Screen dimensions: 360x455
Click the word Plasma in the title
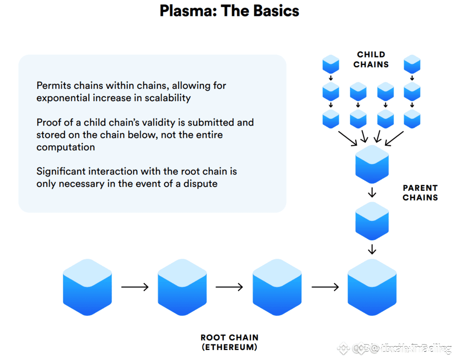pos(187,11)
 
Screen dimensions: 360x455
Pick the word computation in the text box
pos(66,147)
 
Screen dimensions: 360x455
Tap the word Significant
pos(61,172)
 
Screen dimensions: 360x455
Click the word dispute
pos(202,184)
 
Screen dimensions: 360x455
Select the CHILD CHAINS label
pos(371,60)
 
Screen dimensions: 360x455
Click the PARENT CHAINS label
pos(420,193)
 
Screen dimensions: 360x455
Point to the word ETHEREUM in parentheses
pos(229,347)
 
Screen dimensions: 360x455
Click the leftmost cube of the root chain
pos(87,287)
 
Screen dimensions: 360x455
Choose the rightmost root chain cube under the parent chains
pos(372,287)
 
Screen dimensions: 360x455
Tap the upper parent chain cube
pos(372,164)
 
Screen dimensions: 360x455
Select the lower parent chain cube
pos(372,221)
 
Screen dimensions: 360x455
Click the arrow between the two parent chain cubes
pos(372,192)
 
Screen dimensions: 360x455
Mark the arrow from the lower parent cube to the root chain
pos(372,249)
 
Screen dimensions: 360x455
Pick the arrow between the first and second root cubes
pos(135,287)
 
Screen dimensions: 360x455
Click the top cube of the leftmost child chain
pos(331,64)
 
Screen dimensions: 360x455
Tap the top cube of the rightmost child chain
pos(412,64)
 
